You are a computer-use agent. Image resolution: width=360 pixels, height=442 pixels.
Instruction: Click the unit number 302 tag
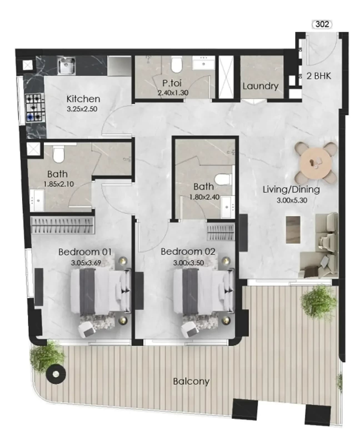[322, 24]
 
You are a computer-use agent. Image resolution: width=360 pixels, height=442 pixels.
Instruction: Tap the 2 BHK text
[319, 76]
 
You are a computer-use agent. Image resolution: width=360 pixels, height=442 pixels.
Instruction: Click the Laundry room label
[261, 86]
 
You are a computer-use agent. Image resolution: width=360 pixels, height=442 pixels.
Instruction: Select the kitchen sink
[66, 66]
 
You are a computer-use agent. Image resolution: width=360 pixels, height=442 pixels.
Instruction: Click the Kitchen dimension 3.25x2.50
[82, 109]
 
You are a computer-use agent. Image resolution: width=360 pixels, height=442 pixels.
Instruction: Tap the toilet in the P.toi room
[177, 65]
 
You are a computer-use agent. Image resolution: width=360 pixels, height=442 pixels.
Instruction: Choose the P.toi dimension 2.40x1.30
[173, 93]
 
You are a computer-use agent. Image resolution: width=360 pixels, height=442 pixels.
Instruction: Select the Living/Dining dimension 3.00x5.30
[292, 200]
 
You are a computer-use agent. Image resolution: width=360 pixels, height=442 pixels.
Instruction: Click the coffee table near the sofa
[293, 230]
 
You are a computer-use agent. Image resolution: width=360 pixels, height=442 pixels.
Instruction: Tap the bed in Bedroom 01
[101, 292]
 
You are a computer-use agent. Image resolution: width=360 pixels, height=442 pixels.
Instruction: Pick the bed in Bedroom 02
[203, 292]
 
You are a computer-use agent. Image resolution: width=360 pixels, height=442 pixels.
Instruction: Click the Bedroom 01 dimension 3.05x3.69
[86, 263]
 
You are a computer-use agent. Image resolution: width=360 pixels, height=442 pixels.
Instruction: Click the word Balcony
[191, 381]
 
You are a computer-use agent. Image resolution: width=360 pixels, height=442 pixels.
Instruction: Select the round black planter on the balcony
[56, 374]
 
